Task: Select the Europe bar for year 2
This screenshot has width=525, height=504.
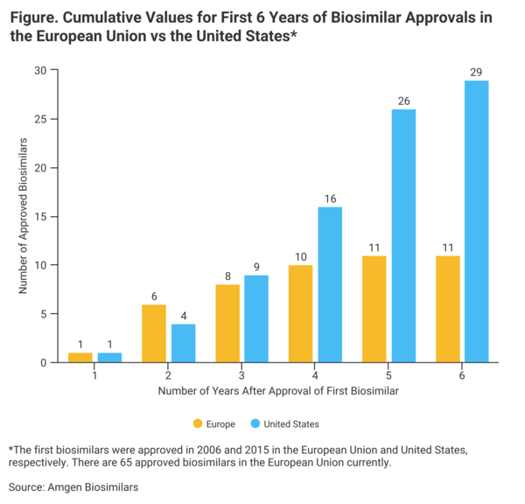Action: (x=154, y=333)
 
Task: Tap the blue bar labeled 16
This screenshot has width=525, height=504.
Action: (x=330, y=284)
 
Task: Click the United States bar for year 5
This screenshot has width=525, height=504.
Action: (x=403, y=235)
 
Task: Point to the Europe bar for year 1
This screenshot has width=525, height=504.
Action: (x=80, y=357)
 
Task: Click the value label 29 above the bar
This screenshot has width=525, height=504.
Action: (x=476, y=72)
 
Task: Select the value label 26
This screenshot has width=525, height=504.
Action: (x=403, y=101)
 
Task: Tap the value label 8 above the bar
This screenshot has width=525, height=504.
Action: (x=227, y=276)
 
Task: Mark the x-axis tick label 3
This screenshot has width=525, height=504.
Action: (x=241, y=374)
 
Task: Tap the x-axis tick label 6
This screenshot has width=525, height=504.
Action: (x=461, y=374)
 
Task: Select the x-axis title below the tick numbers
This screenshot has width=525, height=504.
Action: (x=278, y=391)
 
